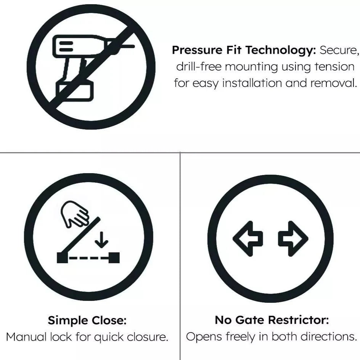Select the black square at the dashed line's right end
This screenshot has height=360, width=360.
114,258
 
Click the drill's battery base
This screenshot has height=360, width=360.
75,90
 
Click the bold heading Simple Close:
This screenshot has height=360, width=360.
87,320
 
